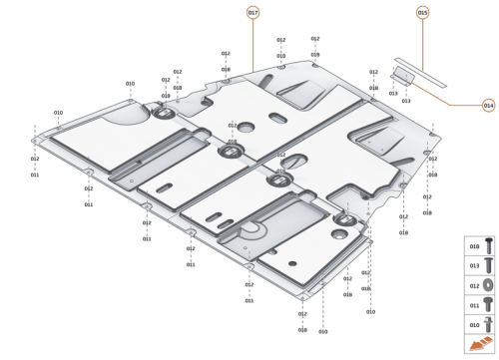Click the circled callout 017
(x=252, y=12)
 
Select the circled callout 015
(x=422, y=12)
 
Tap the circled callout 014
(x=488, y=104)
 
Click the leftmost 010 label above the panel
(x=58, y=113)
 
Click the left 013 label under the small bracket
(x=392, y=92)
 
